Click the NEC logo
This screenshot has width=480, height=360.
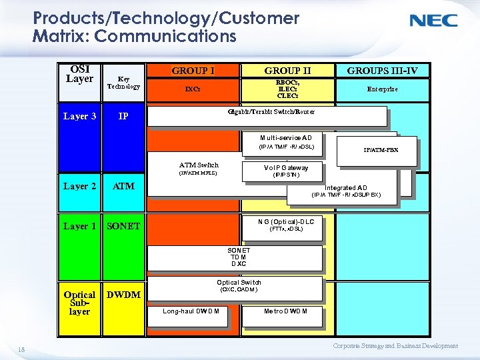pyautogui.click(x=433, y=21)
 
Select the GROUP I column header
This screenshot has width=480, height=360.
pyautogui.click(x=193, y=70)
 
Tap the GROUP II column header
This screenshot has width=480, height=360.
pyautogui.click(x=287, y=70)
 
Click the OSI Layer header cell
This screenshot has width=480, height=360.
pyautogui.click(x=79, y=74)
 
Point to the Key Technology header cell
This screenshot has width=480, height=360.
pyautogui.click(x=124, y=82)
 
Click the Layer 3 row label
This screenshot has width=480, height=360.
pyautogui.click(x=79, y=117)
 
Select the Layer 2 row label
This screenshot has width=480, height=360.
pyautogui.click(x=79, y=186)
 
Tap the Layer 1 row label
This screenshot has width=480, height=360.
pyautogui.click(x=79, y=226)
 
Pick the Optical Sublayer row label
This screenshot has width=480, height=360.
pyautogui.click(x=79, y=302)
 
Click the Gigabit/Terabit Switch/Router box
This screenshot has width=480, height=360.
pyautogui.click(x=267, y=115)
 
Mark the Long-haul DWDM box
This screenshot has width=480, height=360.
pyautogui.click(x=193, y=311)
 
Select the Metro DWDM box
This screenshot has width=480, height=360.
pyautogui.click(x=285, y=311)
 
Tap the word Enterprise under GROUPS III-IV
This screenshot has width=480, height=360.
pyautogui.click(x=382, y=89)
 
